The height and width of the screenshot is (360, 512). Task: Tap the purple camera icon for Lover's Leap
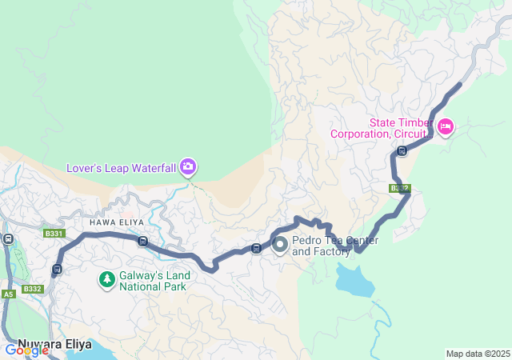click(x=188, y=167)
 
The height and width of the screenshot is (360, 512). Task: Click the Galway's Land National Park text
click(x=153, y=281)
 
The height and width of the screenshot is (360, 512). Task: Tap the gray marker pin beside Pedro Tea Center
click(x=280, y=245)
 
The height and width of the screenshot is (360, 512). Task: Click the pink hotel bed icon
click(x=446, y=126)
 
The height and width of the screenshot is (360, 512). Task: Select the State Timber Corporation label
click(x=382, y=128)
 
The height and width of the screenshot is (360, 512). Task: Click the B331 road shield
click(x=54, y=234)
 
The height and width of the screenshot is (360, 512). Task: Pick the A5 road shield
click(x=8, y=294)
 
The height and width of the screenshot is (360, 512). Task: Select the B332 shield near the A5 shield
click(x=32, y=289)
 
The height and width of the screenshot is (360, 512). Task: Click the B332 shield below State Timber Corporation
click(x=400, y=189)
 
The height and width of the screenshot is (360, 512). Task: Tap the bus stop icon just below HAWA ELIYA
click(x=142, y=241)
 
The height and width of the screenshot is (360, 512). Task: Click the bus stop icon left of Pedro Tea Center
click(x=256, y=248)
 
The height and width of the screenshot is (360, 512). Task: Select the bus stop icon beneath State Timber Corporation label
click(x=402, y=150)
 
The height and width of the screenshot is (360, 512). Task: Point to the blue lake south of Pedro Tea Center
click(x=354, y=280)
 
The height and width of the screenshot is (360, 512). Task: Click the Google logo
click(x=26, y=350)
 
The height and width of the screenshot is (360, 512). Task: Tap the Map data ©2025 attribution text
click(x=477, y=354)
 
